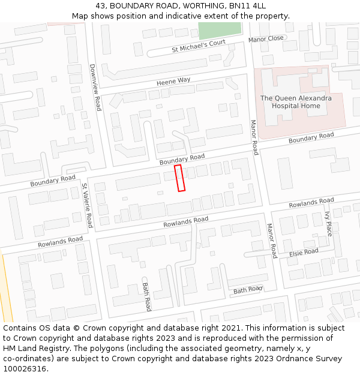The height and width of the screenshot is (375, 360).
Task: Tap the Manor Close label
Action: click(266, 38)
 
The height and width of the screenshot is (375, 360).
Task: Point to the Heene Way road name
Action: click(173, 80)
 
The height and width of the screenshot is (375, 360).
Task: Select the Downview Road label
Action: click(95, 88)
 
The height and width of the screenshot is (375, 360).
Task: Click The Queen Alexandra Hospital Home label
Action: click(296, 102)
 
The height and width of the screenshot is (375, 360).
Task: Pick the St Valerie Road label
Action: click(87, 205)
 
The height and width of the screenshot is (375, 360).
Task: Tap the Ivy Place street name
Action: click(328, 223)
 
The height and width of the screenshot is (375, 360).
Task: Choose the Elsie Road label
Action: click(304, 252)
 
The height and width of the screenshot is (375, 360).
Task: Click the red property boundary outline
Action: click(179, 179)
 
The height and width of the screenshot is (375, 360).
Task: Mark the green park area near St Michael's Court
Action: click(220, 31)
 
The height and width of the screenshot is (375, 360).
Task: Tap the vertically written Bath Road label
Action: click(146, 297)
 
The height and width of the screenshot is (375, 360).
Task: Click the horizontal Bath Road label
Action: click(248, 290)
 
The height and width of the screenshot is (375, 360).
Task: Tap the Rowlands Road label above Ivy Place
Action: click(311, 203)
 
